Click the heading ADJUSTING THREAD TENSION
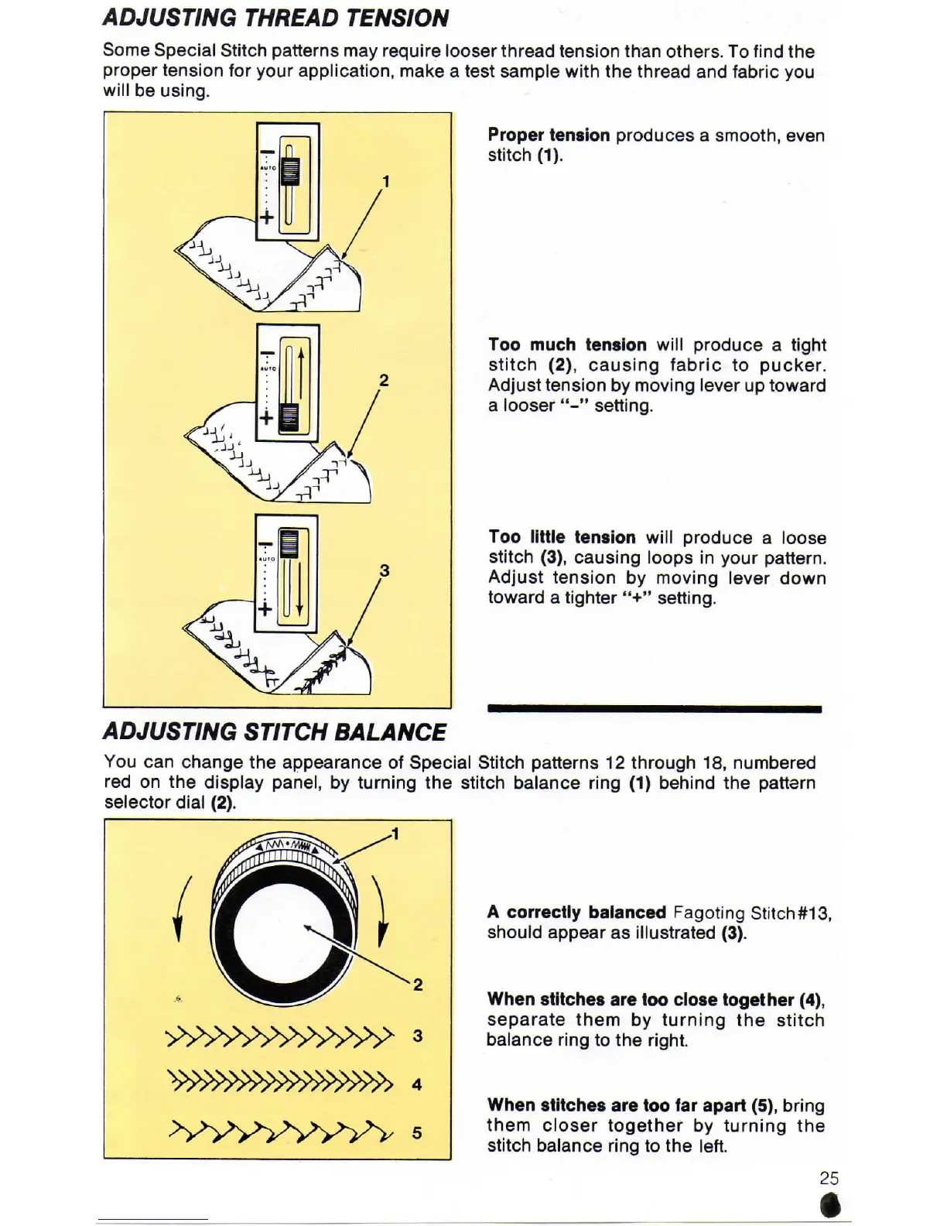pos(275,18)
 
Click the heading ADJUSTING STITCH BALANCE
pos(275,731)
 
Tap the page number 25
pos(829,1178)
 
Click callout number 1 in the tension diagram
pos(385,182)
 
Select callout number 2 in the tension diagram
pos(384,380)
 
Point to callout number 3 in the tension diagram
pos(384,571)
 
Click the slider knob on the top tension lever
pos(290,171)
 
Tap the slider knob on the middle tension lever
pos(289,417)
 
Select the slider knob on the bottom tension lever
pos(289,543)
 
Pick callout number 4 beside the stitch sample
pos(417,1084)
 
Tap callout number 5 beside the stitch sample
pos(417,1133)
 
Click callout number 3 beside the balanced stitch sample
pos(418,1036)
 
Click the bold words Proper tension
pos(549,135)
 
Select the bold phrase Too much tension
pos(567,345)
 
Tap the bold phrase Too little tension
pos(562,537)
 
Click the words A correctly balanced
pos(576,913)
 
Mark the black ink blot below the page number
pos(830,1206)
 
